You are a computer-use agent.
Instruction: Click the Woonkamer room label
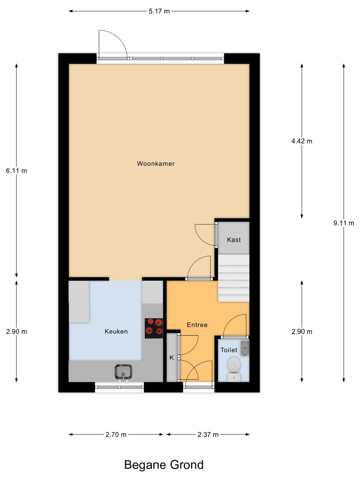click(156, 163)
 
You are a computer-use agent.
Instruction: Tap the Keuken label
click(116, 331)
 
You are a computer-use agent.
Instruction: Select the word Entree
click(197, 325)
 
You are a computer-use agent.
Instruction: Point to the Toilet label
click(229, 350)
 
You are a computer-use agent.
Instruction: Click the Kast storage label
click(234, 240)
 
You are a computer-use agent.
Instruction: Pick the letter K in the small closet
click(172, 358)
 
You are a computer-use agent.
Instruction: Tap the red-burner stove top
click(154, 328)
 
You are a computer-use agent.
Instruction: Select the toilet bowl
click(234, 369)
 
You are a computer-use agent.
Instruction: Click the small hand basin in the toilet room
click(245, 348)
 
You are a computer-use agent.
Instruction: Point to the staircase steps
click(234, 278)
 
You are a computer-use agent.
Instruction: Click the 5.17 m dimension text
click(159, 11)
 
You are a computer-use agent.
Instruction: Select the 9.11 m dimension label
click(343, 223)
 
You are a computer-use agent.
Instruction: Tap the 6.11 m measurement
click(16, 171)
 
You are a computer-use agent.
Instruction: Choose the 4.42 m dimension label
click(301, 141)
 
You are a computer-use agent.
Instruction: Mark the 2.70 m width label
click(116, 434)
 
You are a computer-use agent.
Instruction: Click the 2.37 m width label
click(208, 434)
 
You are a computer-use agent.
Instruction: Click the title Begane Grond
click(164, 465)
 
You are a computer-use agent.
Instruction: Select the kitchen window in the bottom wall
click(119, 387)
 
